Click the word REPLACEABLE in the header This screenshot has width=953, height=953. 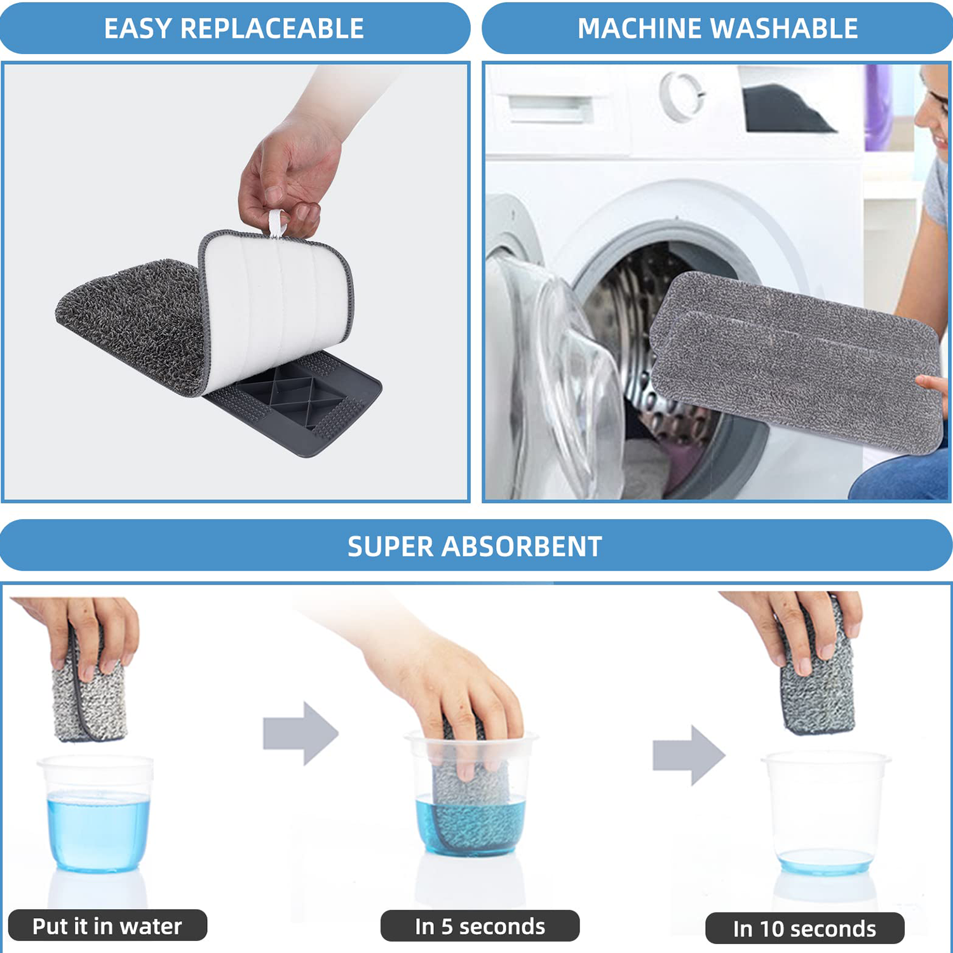(x=272, y=29)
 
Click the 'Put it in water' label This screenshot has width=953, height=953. (x=107, y=926)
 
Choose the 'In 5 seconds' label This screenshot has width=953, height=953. (x=480, y=926)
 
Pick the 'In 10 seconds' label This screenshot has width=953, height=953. (x=804, y=929)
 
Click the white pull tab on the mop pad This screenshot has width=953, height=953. (x=276, y=223)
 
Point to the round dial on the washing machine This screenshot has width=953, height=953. (x=681, y=95)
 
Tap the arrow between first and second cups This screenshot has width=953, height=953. (x=300, y=733)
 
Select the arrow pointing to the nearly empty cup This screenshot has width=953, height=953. (x=689, y=755)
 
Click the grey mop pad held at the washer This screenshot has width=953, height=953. (x=794, y=362)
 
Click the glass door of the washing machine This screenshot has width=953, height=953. (x=559, y=381)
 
